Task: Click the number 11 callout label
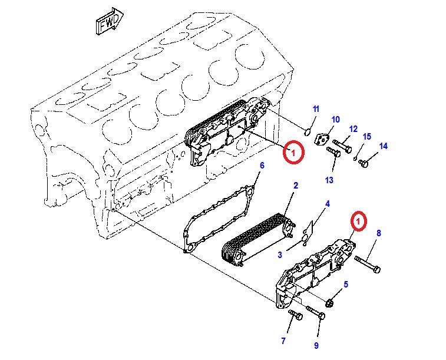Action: coord(315,109)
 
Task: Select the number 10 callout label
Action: coord(335,120)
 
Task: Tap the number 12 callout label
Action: coord(354,129)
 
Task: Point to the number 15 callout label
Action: coord(366,137)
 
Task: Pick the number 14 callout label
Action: coord(384,146)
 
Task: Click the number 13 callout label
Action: coord(329,180)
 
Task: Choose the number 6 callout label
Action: coord(262,166)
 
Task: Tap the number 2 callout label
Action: coord(296,186)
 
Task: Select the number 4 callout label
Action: coord(328,204)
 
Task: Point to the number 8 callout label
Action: coord(379,233)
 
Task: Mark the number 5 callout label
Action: coord(346,285)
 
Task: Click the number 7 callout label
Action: coord(283,341)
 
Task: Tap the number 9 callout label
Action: coord(316,345)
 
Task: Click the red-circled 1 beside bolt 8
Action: coord(358,221)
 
